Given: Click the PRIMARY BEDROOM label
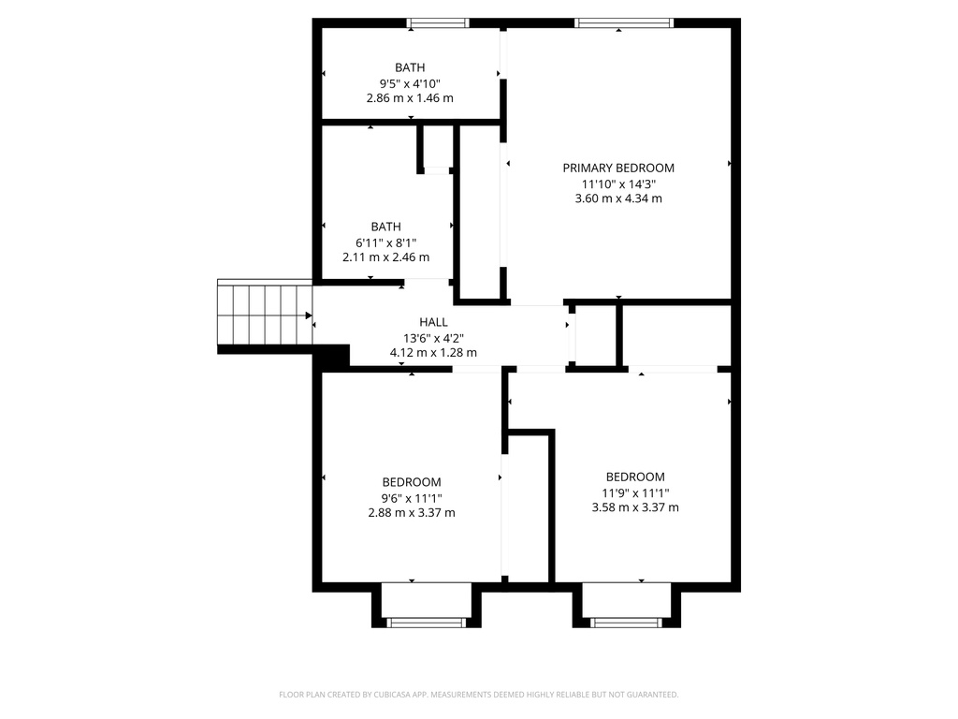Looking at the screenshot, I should [x=617, y=169].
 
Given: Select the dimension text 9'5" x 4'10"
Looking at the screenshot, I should [x=410, y=82].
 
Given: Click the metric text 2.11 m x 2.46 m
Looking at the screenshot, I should [x=386, y=257].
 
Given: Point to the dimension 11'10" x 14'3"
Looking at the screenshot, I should [x=617, y=183].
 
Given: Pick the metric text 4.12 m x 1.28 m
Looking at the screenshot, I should [x=433, y=353].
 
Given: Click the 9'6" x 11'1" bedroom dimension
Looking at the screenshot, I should [x=411, y=498].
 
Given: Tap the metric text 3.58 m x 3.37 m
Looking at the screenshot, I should [x=635, y=507].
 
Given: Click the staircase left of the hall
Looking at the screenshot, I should [x=264, y=315].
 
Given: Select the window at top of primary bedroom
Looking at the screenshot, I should [x=623, y=23].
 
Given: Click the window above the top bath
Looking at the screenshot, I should [x=438, y=23].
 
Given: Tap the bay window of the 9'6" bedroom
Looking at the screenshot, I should [x=427, y=621].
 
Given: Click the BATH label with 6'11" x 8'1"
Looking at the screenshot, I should [x=386, y=227].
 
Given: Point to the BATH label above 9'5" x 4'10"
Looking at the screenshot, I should [x=410, y=67].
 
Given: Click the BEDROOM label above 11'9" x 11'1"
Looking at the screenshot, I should [x=635, y=477].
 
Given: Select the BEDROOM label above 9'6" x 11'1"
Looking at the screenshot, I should [x=411, y=482].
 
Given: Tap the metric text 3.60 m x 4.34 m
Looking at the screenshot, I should [x=617, y=198].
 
